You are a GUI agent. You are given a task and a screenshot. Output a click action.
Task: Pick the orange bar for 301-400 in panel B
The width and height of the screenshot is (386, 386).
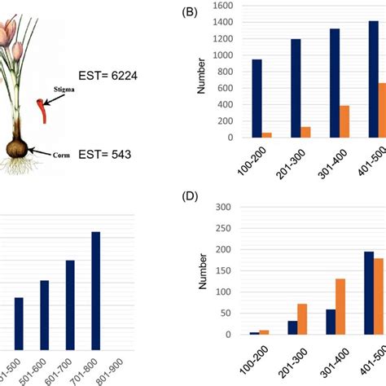pos(321,122)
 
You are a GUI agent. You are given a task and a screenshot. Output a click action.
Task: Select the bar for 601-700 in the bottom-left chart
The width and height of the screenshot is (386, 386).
pos(70,304)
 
